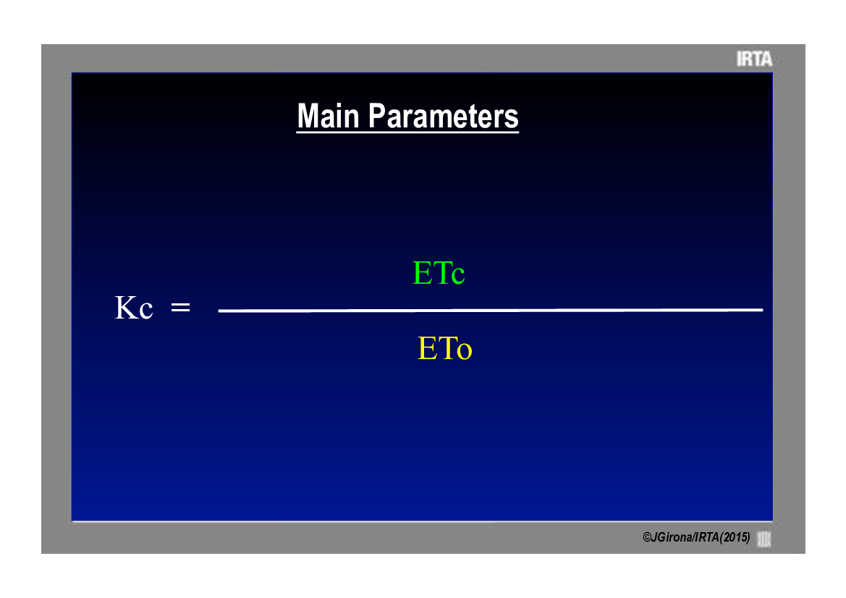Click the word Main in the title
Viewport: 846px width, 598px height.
tap(328, 116)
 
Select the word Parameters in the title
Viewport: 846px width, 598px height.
tap(443, 117)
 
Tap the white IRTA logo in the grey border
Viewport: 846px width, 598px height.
tap(754, 59)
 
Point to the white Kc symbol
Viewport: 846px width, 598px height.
tap(134, 308)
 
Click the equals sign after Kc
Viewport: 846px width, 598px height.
tap(180, 307)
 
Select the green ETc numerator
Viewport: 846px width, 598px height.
tap(439, 272)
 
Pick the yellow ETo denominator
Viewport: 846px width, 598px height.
tap(444, 348)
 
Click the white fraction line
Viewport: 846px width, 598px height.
tap(491, 311)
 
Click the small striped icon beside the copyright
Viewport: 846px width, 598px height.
tap(764, 539)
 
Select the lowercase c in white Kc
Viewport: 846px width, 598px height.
tap(146, 311)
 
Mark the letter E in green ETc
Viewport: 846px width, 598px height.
tap(422, 272)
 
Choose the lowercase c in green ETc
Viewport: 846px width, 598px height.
tap(458, 276)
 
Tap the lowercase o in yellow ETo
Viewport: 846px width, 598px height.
tap(465, 351)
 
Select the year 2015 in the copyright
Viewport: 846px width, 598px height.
tap(735, 537)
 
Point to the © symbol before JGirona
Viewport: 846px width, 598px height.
tap(646, 538)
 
